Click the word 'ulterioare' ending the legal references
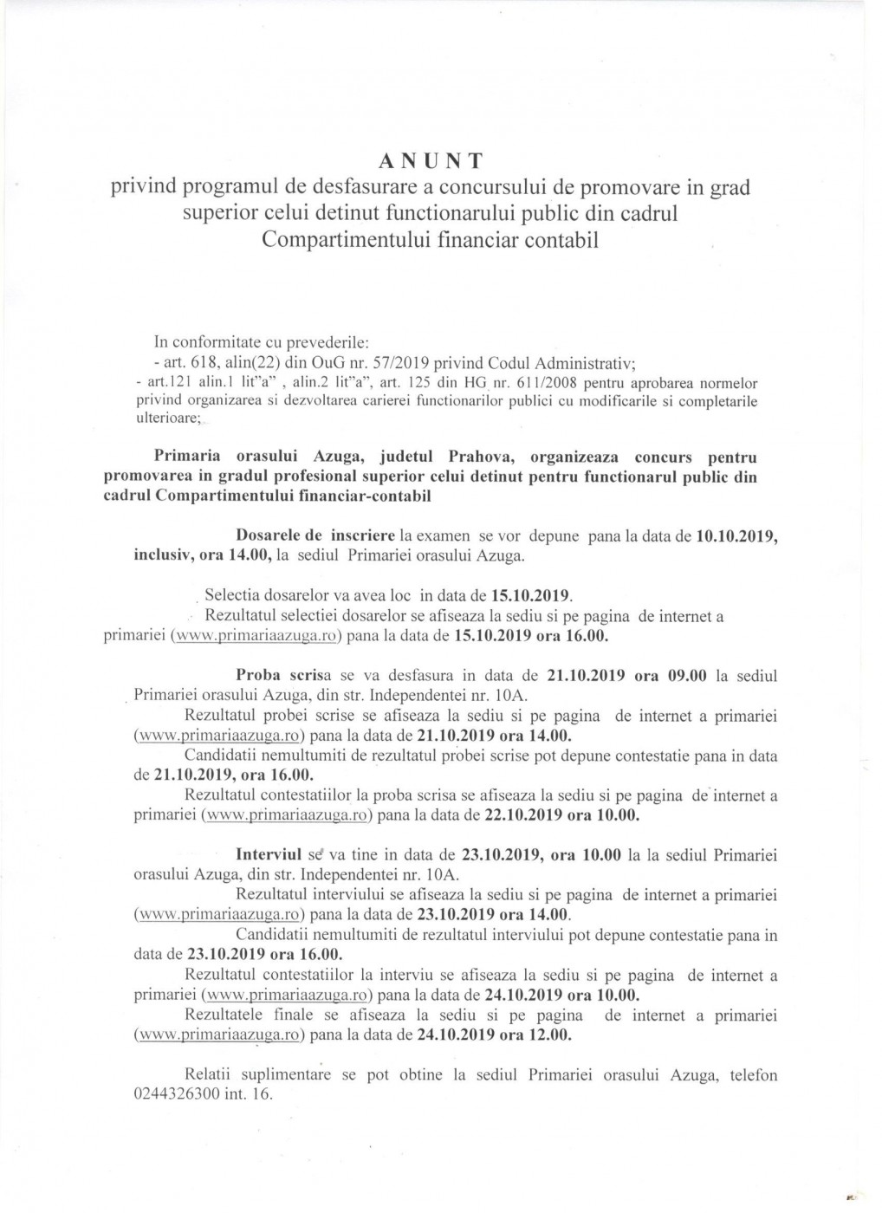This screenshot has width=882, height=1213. click(167, 417)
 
